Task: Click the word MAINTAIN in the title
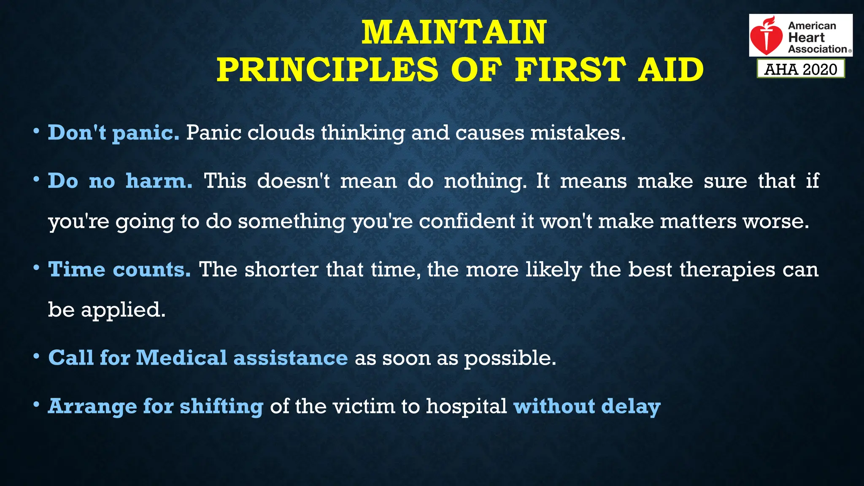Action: (454, 32)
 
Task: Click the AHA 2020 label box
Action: (801, 69)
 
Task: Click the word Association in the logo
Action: (817, 49)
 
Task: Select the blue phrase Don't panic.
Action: (113, 133)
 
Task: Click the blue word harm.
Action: (159, 181)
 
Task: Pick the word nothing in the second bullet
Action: (485, 181)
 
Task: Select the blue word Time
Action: (76, 269)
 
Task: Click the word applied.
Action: (123, 310)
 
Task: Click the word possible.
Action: (510, 358)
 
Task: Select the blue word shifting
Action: (221, 406)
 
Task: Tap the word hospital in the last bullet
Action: (466, 406)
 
